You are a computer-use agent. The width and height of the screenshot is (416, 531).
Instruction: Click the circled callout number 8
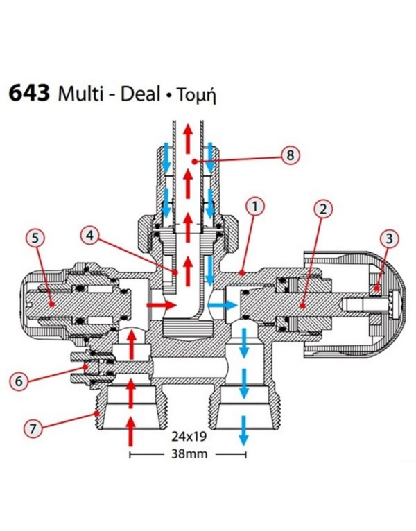pyautogui.click(x=291, y=155)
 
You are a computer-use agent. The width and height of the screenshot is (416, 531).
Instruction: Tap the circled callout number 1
pyautogui.click(x=255, y=207)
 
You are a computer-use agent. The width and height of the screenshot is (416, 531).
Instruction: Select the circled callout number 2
pyautogui.click(x=323, y=209)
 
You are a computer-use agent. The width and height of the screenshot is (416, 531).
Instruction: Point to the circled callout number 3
pyautogui.click(x=389, y=238)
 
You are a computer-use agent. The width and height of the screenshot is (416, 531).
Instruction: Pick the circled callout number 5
pyautogui.click(x=35, y=238)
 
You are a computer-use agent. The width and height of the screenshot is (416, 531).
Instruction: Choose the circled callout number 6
pyautogui.click(x=18, y=381)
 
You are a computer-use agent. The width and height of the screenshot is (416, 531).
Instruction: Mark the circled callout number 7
pyautogui.click(x=33, y=428)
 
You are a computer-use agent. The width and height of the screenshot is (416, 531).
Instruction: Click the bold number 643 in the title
pyautogui.click(x=29, y=93)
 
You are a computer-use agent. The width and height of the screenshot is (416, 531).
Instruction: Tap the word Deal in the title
pyautogui.click(x=141, y=93)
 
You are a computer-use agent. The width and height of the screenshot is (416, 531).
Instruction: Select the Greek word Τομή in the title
pyautogui.click(x=196, y=96)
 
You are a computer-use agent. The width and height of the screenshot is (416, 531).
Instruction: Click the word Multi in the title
pyautogui.click(x=80, y=93)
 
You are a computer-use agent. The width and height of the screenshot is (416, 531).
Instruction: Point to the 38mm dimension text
pyautogui.click(x=189, y=453)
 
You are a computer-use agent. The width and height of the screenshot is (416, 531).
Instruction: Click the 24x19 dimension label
pyautogui.click(x=189, y=436)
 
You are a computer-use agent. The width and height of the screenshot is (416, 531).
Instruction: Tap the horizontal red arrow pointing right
pyautogui.click(x=162, y=305)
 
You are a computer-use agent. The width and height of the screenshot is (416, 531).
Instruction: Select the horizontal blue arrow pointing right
pyautogui.click(x=223, y=305)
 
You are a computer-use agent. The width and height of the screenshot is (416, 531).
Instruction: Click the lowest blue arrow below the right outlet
pyautogui.click(x=243, y=430)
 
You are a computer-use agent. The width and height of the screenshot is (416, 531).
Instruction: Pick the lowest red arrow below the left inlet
pyautogui.click(x=130, y=431)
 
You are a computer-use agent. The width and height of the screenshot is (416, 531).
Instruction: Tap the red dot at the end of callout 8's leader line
pyautogui.click(x=194, y=162)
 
